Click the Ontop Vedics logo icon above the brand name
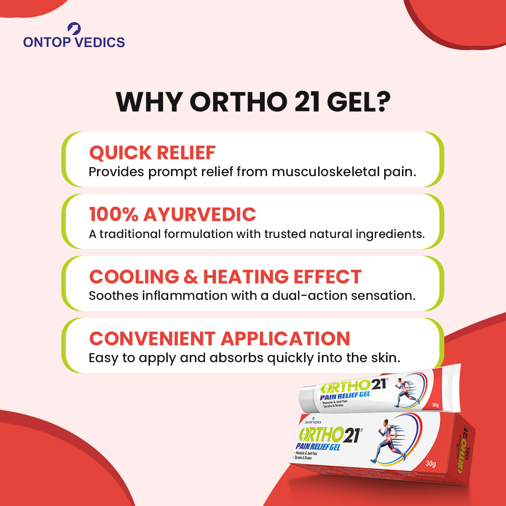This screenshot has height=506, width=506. [x=74, y=29]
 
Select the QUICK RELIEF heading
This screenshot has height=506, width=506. [x=152, y=153]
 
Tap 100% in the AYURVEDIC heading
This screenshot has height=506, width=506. [x=113, y=215]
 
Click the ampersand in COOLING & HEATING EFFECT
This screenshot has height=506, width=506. [x=191, y=277]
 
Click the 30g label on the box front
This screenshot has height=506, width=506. [x=431, y=464]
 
